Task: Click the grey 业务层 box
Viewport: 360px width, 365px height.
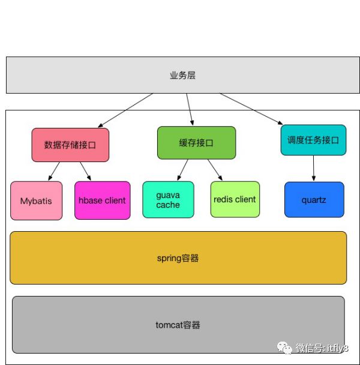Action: (183, 75)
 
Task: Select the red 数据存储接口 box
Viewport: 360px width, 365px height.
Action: (70, 145)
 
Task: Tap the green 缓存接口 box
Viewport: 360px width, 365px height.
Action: (196, 142)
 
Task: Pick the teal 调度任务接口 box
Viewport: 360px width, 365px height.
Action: (313, 140)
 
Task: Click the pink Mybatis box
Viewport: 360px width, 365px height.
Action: (36, 201)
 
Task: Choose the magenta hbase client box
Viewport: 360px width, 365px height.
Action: (103, 201)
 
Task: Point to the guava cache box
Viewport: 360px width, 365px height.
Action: (168, 200)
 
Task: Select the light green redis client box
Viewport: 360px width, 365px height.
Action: (235, 199)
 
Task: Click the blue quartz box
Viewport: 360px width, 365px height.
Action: (314, 199)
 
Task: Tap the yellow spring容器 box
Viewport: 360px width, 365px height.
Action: (178, 258)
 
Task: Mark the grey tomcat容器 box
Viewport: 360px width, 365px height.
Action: (178, 325)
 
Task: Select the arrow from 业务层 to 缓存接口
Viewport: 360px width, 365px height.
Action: (190, 109)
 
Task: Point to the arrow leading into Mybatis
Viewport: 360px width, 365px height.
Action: (55, 171)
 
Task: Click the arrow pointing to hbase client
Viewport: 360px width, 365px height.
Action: (85, 171)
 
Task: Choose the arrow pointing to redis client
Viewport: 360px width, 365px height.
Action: (215, 169)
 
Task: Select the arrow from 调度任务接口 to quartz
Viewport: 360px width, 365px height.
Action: (313, 168)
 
